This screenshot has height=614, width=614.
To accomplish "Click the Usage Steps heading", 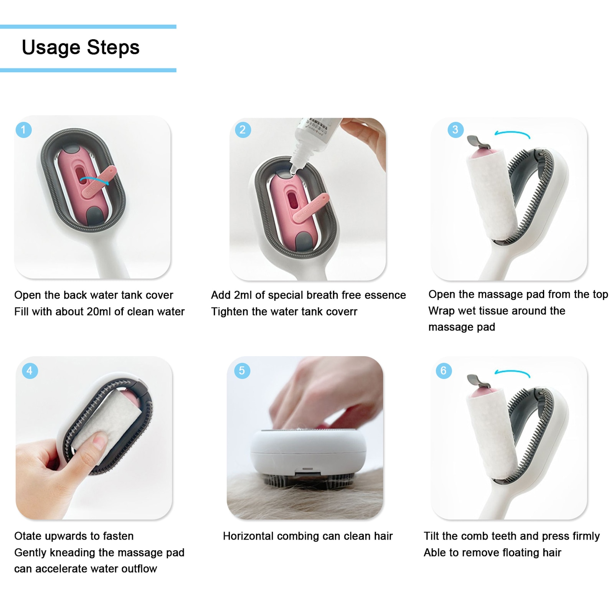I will click(81, 48).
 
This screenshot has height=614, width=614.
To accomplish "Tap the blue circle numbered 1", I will click(23, 130).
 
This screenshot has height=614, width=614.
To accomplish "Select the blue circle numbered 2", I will click(243, 130).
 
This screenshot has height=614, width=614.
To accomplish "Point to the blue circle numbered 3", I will click(456, 130).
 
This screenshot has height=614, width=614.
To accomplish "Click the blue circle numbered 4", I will click(30, 371).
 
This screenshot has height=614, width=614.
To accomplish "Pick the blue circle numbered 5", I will click(242, 371).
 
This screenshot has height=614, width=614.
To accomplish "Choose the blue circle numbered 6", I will click(444, 371).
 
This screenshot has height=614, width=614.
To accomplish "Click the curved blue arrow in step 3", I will click(512, 134).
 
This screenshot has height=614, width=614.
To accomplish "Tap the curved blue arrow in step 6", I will click(512, 373).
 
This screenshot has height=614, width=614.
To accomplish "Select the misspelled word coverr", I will click(341, 312).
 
